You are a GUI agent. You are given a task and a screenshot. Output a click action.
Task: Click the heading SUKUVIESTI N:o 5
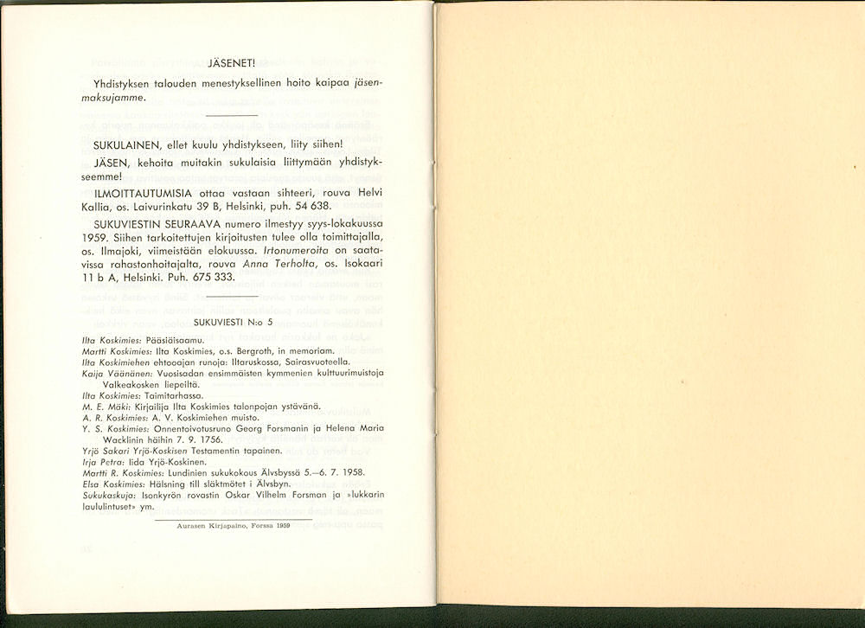coord(234,322)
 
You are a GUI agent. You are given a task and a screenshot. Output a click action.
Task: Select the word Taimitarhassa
coord(176,394)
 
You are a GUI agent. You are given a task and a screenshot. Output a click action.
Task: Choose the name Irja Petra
coord(103,462)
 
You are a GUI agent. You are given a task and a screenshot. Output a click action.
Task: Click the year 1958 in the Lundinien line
coord(350,473)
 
